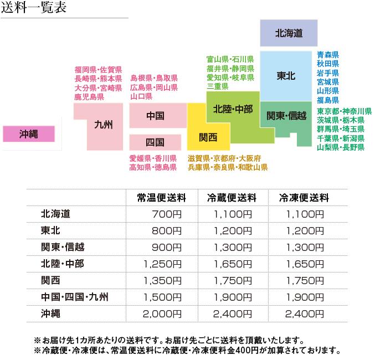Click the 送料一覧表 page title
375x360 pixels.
(33, 8)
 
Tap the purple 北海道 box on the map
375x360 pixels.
(289, 33)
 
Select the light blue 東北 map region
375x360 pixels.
(286, 76)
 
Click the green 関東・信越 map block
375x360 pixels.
(286, 116)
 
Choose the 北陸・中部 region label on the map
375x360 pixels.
(232, 109)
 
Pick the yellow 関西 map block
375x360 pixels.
(208, 137)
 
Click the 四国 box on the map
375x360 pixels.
(155, 142)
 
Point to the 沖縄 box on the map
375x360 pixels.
(28, 134)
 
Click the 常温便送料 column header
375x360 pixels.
(162, 198)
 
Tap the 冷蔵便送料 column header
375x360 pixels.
(232, 198)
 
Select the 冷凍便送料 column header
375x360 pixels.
(305, 198)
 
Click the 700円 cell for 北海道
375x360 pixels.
(166, 214)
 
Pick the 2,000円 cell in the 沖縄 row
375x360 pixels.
(162, 313)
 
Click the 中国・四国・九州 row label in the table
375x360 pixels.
(75, 297)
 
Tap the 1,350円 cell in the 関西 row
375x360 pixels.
(162, 280)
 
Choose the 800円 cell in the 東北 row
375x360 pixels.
(166, 230)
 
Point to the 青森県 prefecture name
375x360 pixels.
(327, 55)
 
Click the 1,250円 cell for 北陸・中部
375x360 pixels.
(162, 264)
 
